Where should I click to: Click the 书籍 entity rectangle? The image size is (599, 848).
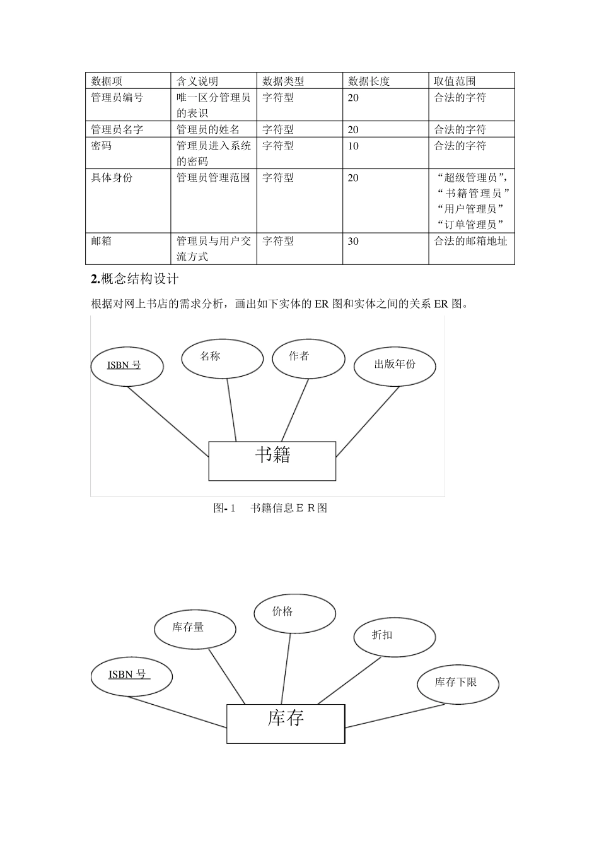[272, 461]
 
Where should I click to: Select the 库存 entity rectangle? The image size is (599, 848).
[286, 723]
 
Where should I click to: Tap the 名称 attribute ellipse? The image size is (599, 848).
[222, 359]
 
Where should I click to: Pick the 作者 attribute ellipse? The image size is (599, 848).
[308, 358]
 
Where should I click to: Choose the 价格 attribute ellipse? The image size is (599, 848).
[294, 613]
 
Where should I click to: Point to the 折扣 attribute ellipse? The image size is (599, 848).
[394, 637]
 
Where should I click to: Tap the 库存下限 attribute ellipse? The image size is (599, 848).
[458, 684]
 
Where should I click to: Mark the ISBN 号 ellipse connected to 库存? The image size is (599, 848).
[131, 676]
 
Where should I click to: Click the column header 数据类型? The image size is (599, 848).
[283, 81]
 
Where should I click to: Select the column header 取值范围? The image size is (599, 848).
[455, 81]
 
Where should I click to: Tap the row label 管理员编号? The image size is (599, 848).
[117, 98]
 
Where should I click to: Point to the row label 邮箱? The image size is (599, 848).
[102, 241]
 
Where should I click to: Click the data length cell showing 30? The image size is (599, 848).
[353, 241]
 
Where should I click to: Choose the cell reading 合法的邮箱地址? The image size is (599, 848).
[470, 241]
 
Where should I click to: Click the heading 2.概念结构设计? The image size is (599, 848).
[135, 279]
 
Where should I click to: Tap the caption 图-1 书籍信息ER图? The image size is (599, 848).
[270, 508]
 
